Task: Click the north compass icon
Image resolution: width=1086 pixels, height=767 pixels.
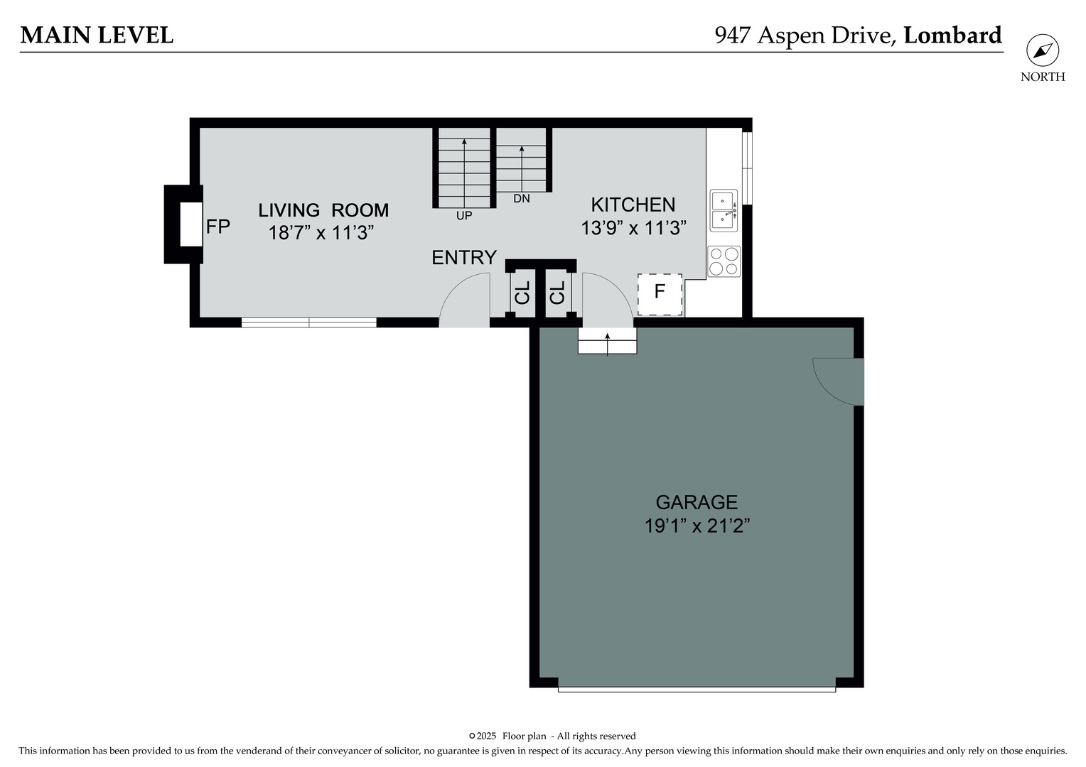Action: click(x=1042, y=51)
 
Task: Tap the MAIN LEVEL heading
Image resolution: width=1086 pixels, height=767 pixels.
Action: click(x=97, y=35)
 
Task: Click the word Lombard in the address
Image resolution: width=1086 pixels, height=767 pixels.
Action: click(x=952, y=35)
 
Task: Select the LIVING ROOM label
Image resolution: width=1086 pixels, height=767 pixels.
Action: click(x=323, y=210)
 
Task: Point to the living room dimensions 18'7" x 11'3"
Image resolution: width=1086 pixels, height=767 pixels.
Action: click(x=321, y=233)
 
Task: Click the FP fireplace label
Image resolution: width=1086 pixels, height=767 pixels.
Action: click(x=217, y=227)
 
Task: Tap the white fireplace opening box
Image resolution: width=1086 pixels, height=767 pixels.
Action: click(x=190, y=224)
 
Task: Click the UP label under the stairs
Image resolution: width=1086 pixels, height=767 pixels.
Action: click(x=463, y=216)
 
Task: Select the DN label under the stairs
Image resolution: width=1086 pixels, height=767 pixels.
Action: click(x=522, y=199)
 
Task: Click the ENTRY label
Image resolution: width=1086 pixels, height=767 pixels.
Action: click(x=464, y=258)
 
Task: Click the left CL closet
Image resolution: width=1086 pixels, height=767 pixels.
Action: click(x=522, y=293)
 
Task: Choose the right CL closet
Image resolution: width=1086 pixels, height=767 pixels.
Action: click(x=558, y=293)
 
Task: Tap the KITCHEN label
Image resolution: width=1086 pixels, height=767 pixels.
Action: click(x=633, y=205)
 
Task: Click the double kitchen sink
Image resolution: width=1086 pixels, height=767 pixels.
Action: click(x=724, y=210)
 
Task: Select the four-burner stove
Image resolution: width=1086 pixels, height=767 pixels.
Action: click(x=724, y=261)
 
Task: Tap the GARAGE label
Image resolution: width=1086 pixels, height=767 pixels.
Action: click(x=697, y=503)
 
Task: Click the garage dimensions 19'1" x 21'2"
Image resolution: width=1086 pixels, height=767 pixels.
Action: click(x=697, y=526)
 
